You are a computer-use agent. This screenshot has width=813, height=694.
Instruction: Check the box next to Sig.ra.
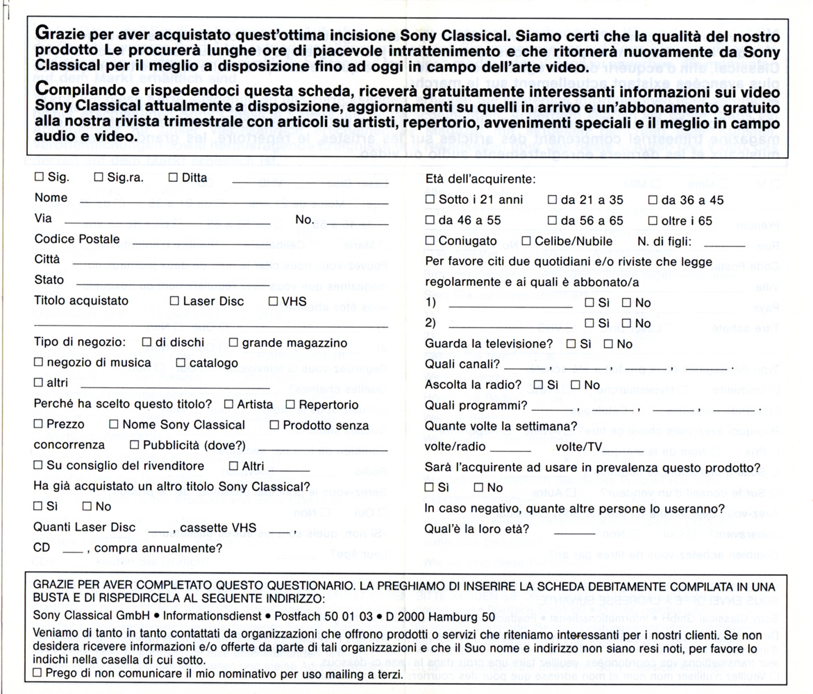(x=99, y=178)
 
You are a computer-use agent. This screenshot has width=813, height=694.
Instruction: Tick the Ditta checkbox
(x=173, y=178)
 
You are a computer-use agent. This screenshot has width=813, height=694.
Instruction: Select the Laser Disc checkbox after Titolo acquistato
(x=174, y=301)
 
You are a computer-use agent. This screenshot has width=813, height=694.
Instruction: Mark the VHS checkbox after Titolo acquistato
(x=274, y=301)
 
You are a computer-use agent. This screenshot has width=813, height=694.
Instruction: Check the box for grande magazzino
(x=234, y=342)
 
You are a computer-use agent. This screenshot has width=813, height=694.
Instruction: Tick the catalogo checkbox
(x=181, y=362)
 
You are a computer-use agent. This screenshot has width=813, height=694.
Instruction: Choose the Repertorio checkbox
(x=291, y=404)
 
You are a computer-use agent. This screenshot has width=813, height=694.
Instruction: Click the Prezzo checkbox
(x=39, y=424)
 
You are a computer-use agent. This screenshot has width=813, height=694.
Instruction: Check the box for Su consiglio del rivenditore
(x=39, y=465)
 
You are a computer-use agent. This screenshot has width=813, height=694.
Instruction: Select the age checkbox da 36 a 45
(x=653, y=200)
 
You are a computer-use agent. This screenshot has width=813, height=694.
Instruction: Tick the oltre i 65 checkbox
(x=653, y=221)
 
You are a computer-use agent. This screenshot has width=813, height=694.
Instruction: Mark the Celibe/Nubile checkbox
(x=526, y=241)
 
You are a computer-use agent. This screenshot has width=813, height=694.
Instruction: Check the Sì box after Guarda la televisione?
(x=571, y=344)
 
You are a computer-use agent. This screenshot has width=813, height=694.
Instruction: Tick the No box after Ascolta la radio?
(x=575, y=384)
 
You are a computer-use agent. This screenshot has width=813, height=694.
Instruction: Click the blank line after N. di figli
(x=728, y=245)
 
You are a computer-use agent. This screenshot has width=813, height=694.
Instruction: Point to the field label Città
(x=47, y=260)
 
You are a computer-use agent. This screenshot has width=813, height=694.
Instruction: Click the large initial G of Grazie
(x=41, y=33)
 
